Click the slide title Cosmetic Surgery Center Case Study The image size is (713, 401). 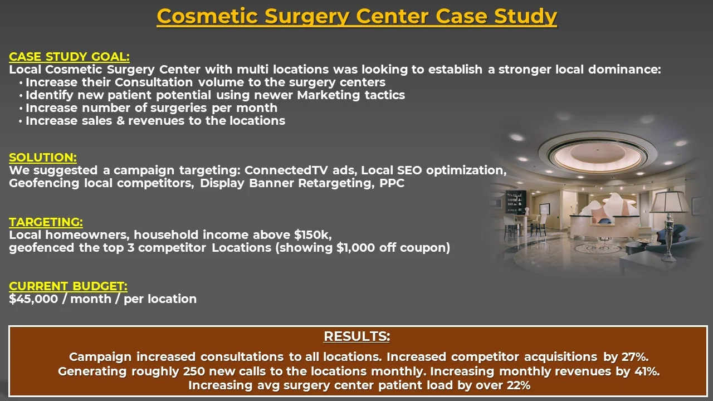(357, 16)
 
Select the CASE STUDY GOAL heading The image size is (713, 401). (70, 57)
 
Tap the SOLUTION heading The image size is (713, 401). (43, 158)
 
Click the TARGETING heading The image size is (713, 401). (46, 222)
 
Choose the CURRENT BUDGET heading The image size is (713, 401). (68, 286)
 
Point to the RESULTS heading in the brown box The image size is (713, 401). (357, 336)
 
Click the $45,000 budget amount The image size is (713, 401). (33, 299)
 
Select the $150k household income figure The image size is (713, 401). (312, 235)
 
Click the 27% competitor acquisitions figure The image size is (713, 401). (636, 357)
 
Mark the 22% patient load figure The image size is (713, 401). (519, 385)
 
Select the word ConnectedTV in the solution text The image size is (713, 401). (286, 170)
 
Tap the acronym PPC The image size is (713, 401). (392, 183)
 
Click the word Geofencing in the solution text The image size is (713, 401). (44, 183)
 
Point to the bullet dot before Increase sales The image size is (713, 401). (21, 121)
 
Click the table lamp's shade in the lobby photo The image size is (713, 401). (670, 201)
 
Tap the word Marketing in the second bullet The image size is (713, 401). (329, 95)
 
